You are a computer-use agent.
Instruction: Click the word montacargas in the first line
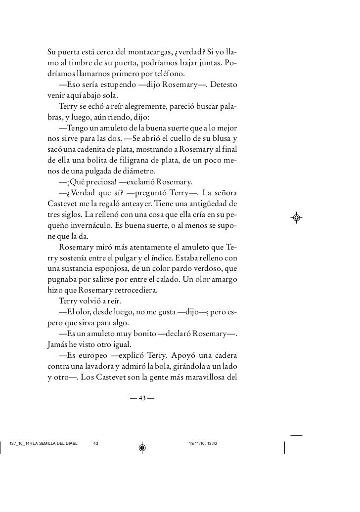tap(148, 53)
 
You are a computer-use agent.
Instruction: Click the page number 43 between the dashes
tap(141, 399)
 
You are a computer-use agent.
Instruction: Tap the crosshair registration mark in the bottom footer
tap(141, 448)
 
